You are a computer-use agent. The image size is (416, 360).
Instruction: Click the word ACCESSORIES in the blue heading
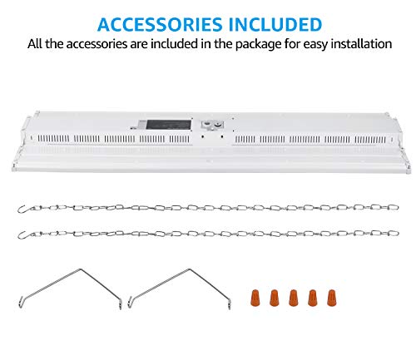[x=160, y=24]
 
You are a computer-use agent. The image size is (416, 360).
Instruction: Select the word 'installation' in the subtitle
[x=361, y=44]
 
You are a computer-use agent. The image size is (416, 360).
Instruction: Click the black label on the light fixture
[x=169, y=125]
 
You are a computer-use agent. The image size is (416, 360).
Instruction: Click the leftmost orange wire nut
[x=255, y=298]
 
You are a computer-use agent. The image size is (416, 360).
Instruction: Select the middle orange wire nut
[x=293, y=298]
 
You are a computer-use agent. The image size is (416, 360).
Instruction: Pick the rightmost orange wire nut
[x=331, y=298]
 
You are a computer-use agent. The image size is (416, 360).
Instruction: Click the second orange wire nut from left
[x=274, y=298]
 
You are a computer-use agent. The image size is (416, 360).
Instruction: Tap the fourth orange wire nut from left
[x=312, y=298]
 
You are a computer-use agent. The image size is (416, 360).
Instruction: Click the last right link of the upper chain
[x=394, y=207]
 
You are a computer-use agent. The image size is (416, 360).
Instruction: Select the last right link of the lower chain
[x=394, y=233]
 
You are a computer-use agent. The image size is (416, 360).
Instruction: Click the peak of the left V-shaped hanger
[x=81, y=269]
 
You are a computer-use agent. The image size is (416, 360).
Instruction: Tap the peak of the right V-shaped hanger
[x=190, y=269]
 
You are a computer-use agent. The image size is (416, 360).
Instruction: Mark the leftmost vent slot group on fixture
[x=53, y=139]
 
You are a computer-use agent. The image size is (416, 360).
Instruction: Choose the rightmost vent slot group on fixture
[x=370, y=140]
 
